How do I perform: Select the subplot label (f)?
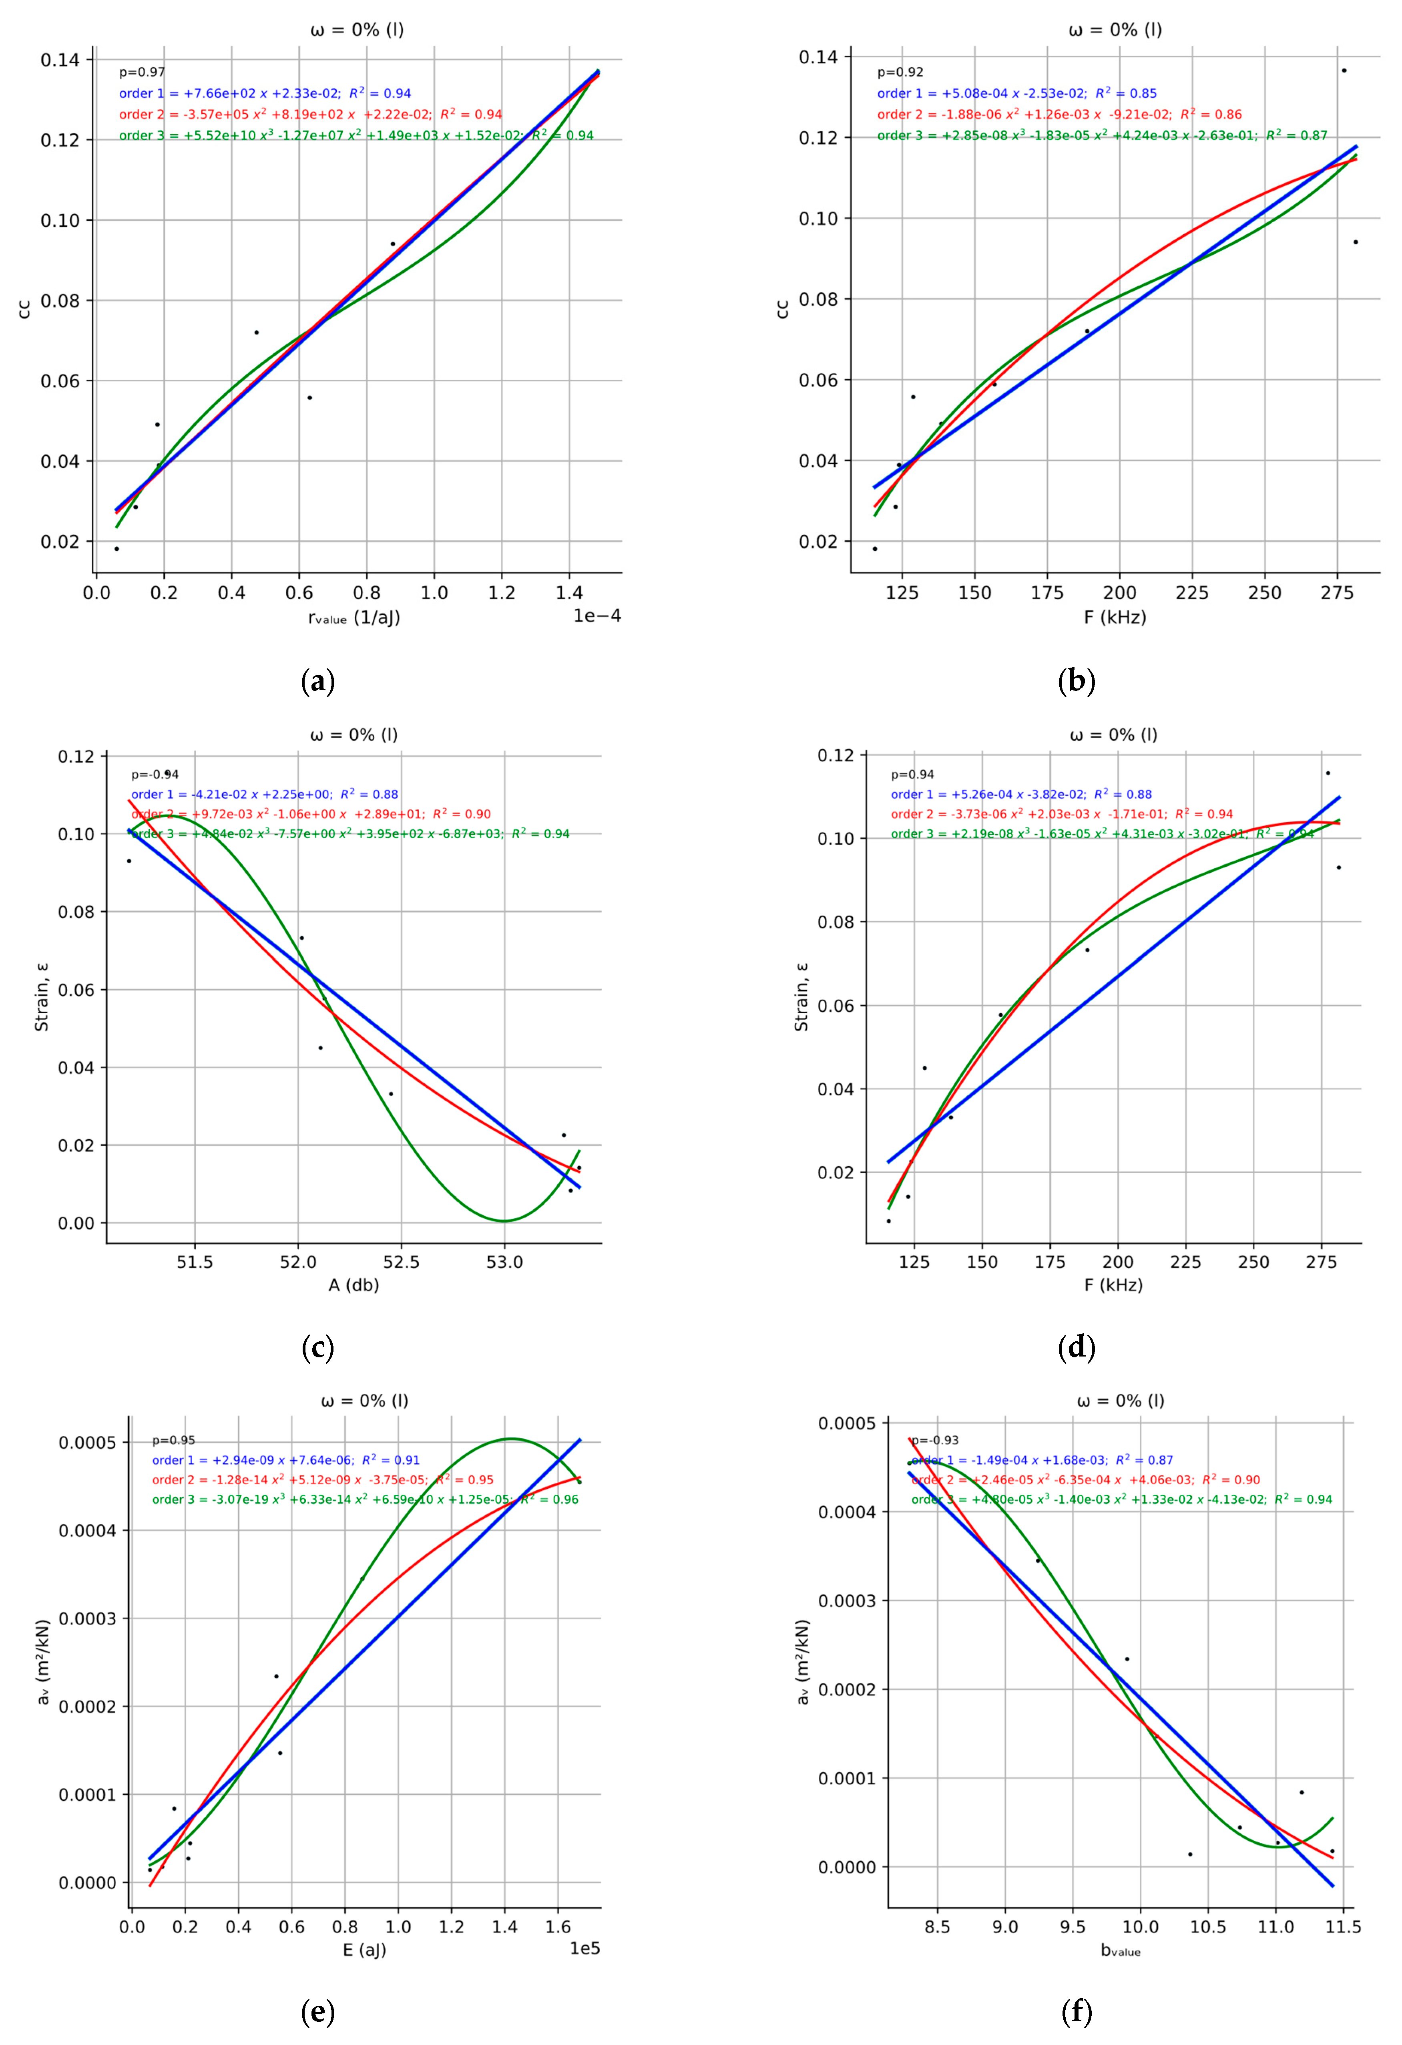pyautogui.click(x=1077, y=2012)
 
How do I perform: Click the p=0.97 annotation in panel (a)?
pyautogui.click(x=143, y=72)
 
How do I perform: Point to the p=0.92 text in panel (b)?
pyautogui.click(x=900, y=72)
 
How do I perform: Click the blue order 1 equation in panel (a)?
pyautogui.click(x=265, y=93)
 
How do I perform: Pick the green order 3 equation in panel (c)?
pyautogui.click(x=350, y=833)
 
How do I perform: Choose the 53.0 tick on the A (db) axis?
pyautogui.click(x=504, y=1262)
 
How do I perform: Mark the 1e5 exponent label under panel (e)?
pyautogui.click(x=585, y=1948)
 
